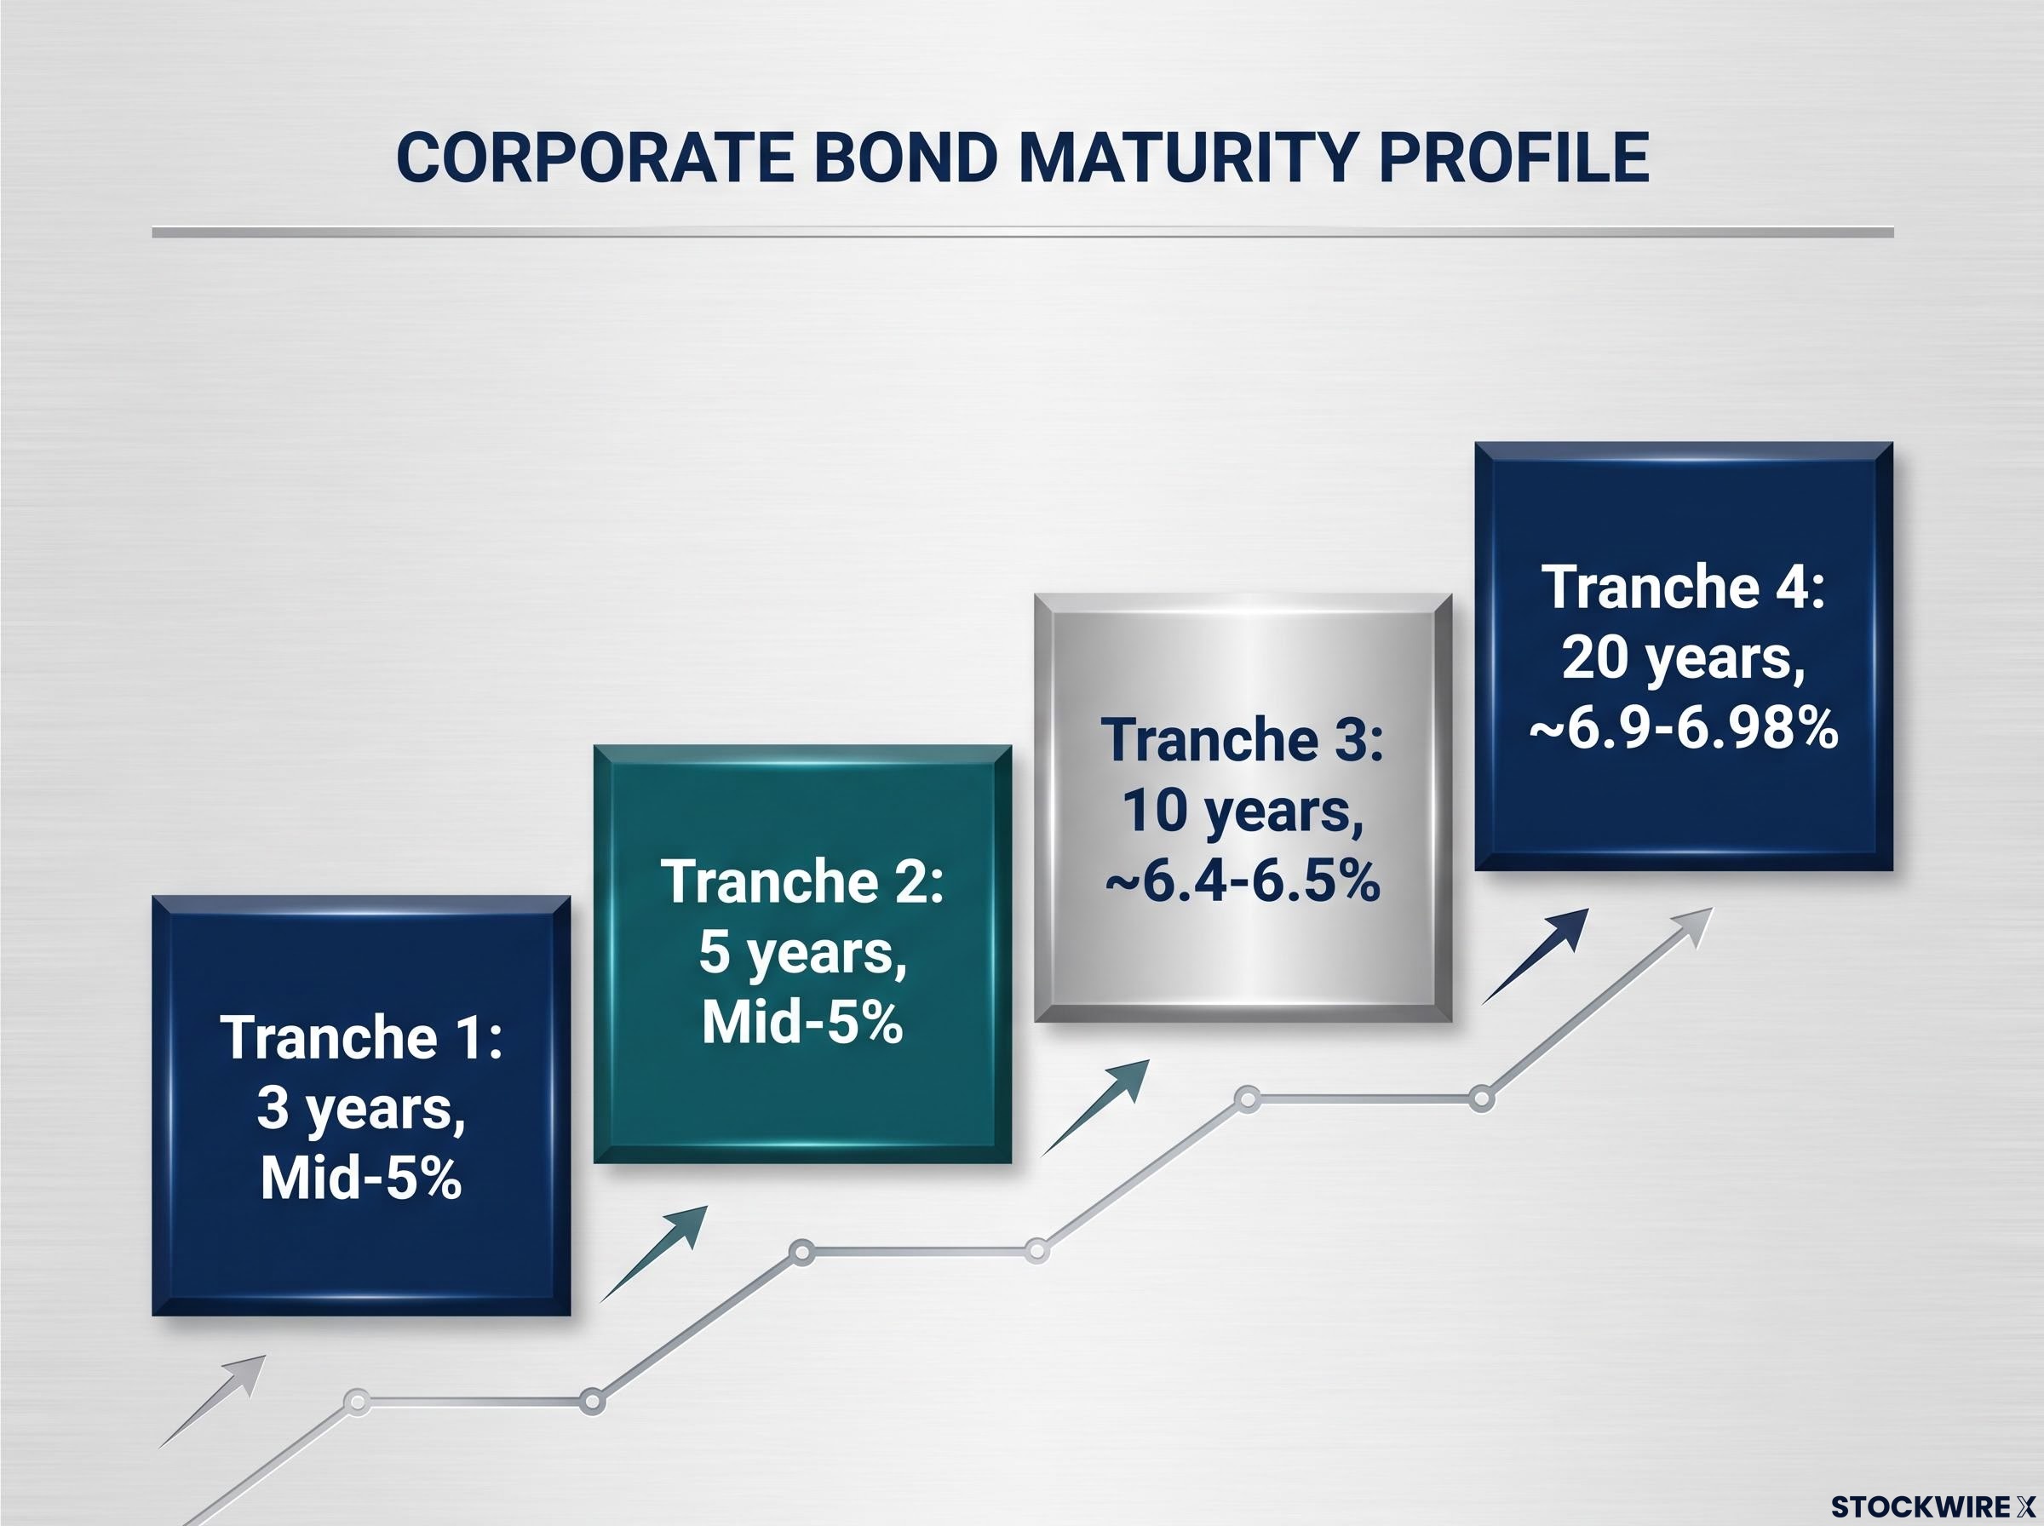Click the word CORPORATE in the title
(x=594, y=157)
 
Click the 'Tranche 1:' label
(x=361, y=1037)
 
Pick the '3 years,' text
(x=361, y=1109)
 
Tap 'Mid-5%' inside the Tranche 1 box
(x=361, y=1178)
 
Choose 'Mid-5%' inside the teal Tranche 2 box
(x=802, y=1023)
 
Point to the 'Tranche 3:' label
(x=1243, y=739)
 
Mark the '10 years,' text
(x=1243, y=811)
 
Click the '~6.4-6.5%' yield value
(x=1243, y=881)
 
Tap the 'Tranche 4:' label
(x=1684, y=587)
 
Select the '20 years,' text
(x=1684, y=658)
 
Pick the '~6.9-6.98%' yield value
(x=1684, y=729)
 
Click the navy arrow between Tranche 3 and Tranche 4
(x=1535, y=956)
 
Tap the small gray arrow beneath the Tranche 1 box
(x=212, y=1400)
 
